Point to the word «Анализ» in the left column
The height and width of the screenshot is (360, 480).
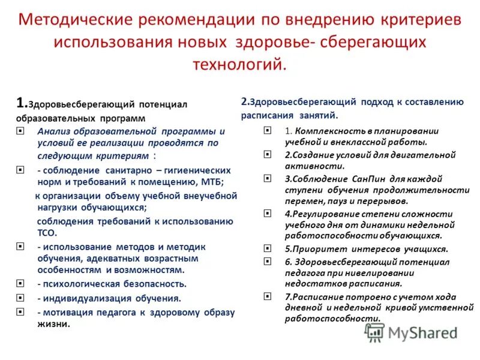[53, 131]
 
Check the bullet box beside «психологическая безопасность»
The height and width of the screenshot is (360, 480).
[20, 284]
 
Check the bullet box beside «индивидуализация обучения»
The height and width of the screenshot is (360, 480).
[20, 298]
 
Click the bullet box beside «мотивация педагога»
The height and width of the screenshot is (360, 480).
[20, 312]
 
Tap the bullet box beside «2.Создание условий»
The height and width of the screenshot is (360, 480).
[266, 155]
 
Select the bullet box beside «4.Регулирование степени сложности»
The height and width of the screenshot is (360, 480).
[266, 213]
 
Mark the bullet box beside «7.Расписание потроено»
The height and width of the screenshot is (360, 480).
[266, 296]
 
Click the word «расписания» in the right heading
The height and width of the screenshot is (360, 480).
[268, 115]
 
